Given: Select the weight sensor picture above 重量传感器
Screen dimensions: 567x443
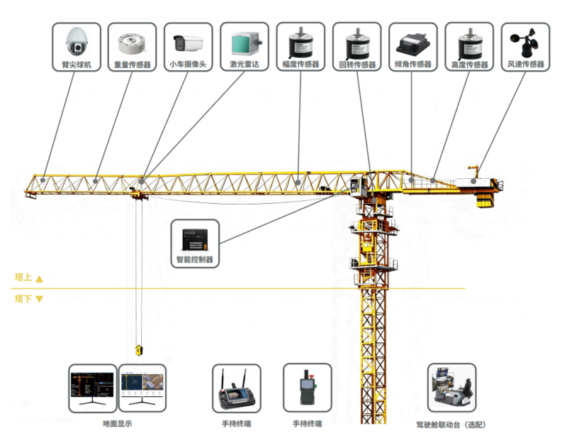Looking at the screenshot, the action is pos(132,44).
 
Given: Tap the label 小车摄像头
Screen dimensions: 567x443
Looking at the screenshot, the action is pos(188,65).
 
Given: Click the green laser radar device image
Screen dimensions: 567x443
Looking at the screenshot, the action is pos(245,44).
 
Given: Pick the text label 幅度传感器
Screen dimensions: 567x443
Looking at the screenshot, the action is pos(301,65).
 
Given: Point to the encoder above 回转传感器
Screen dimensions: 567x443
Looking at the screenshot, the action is pos(357,43).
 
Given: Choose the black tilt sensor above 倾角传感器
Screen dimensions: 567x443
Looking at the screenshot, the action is pos(413,44).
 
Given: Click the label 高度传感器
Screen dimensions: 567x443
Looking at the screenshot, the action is pos(469,65).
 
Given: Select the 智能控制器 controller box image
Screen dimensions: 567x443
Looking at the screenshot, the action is pos(195,239).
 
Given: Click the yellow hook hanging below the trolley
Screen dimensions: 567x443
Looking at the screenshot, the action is pos(139,350).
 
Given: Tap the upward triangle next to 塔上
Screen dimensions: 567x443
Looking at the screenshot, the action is pos(40,278).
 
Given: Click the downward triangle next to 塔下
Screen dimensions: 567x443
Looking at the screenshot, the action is pos(40,299).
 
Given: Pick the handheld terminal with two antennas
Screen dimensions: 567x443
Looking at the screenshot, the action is pos(237,389).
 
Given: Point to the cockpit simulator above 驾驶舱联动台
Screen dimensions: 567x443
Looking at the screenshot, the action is pos(452,388).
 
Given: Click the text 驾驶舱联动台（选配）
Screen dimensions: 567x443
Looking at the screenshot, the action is pos(451,425).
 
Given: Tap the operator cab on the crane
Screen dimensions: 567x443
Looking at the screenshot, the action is pos(358,187).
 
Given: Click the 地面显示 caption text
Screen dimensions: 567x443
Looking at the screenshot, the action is pos(118,423).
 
